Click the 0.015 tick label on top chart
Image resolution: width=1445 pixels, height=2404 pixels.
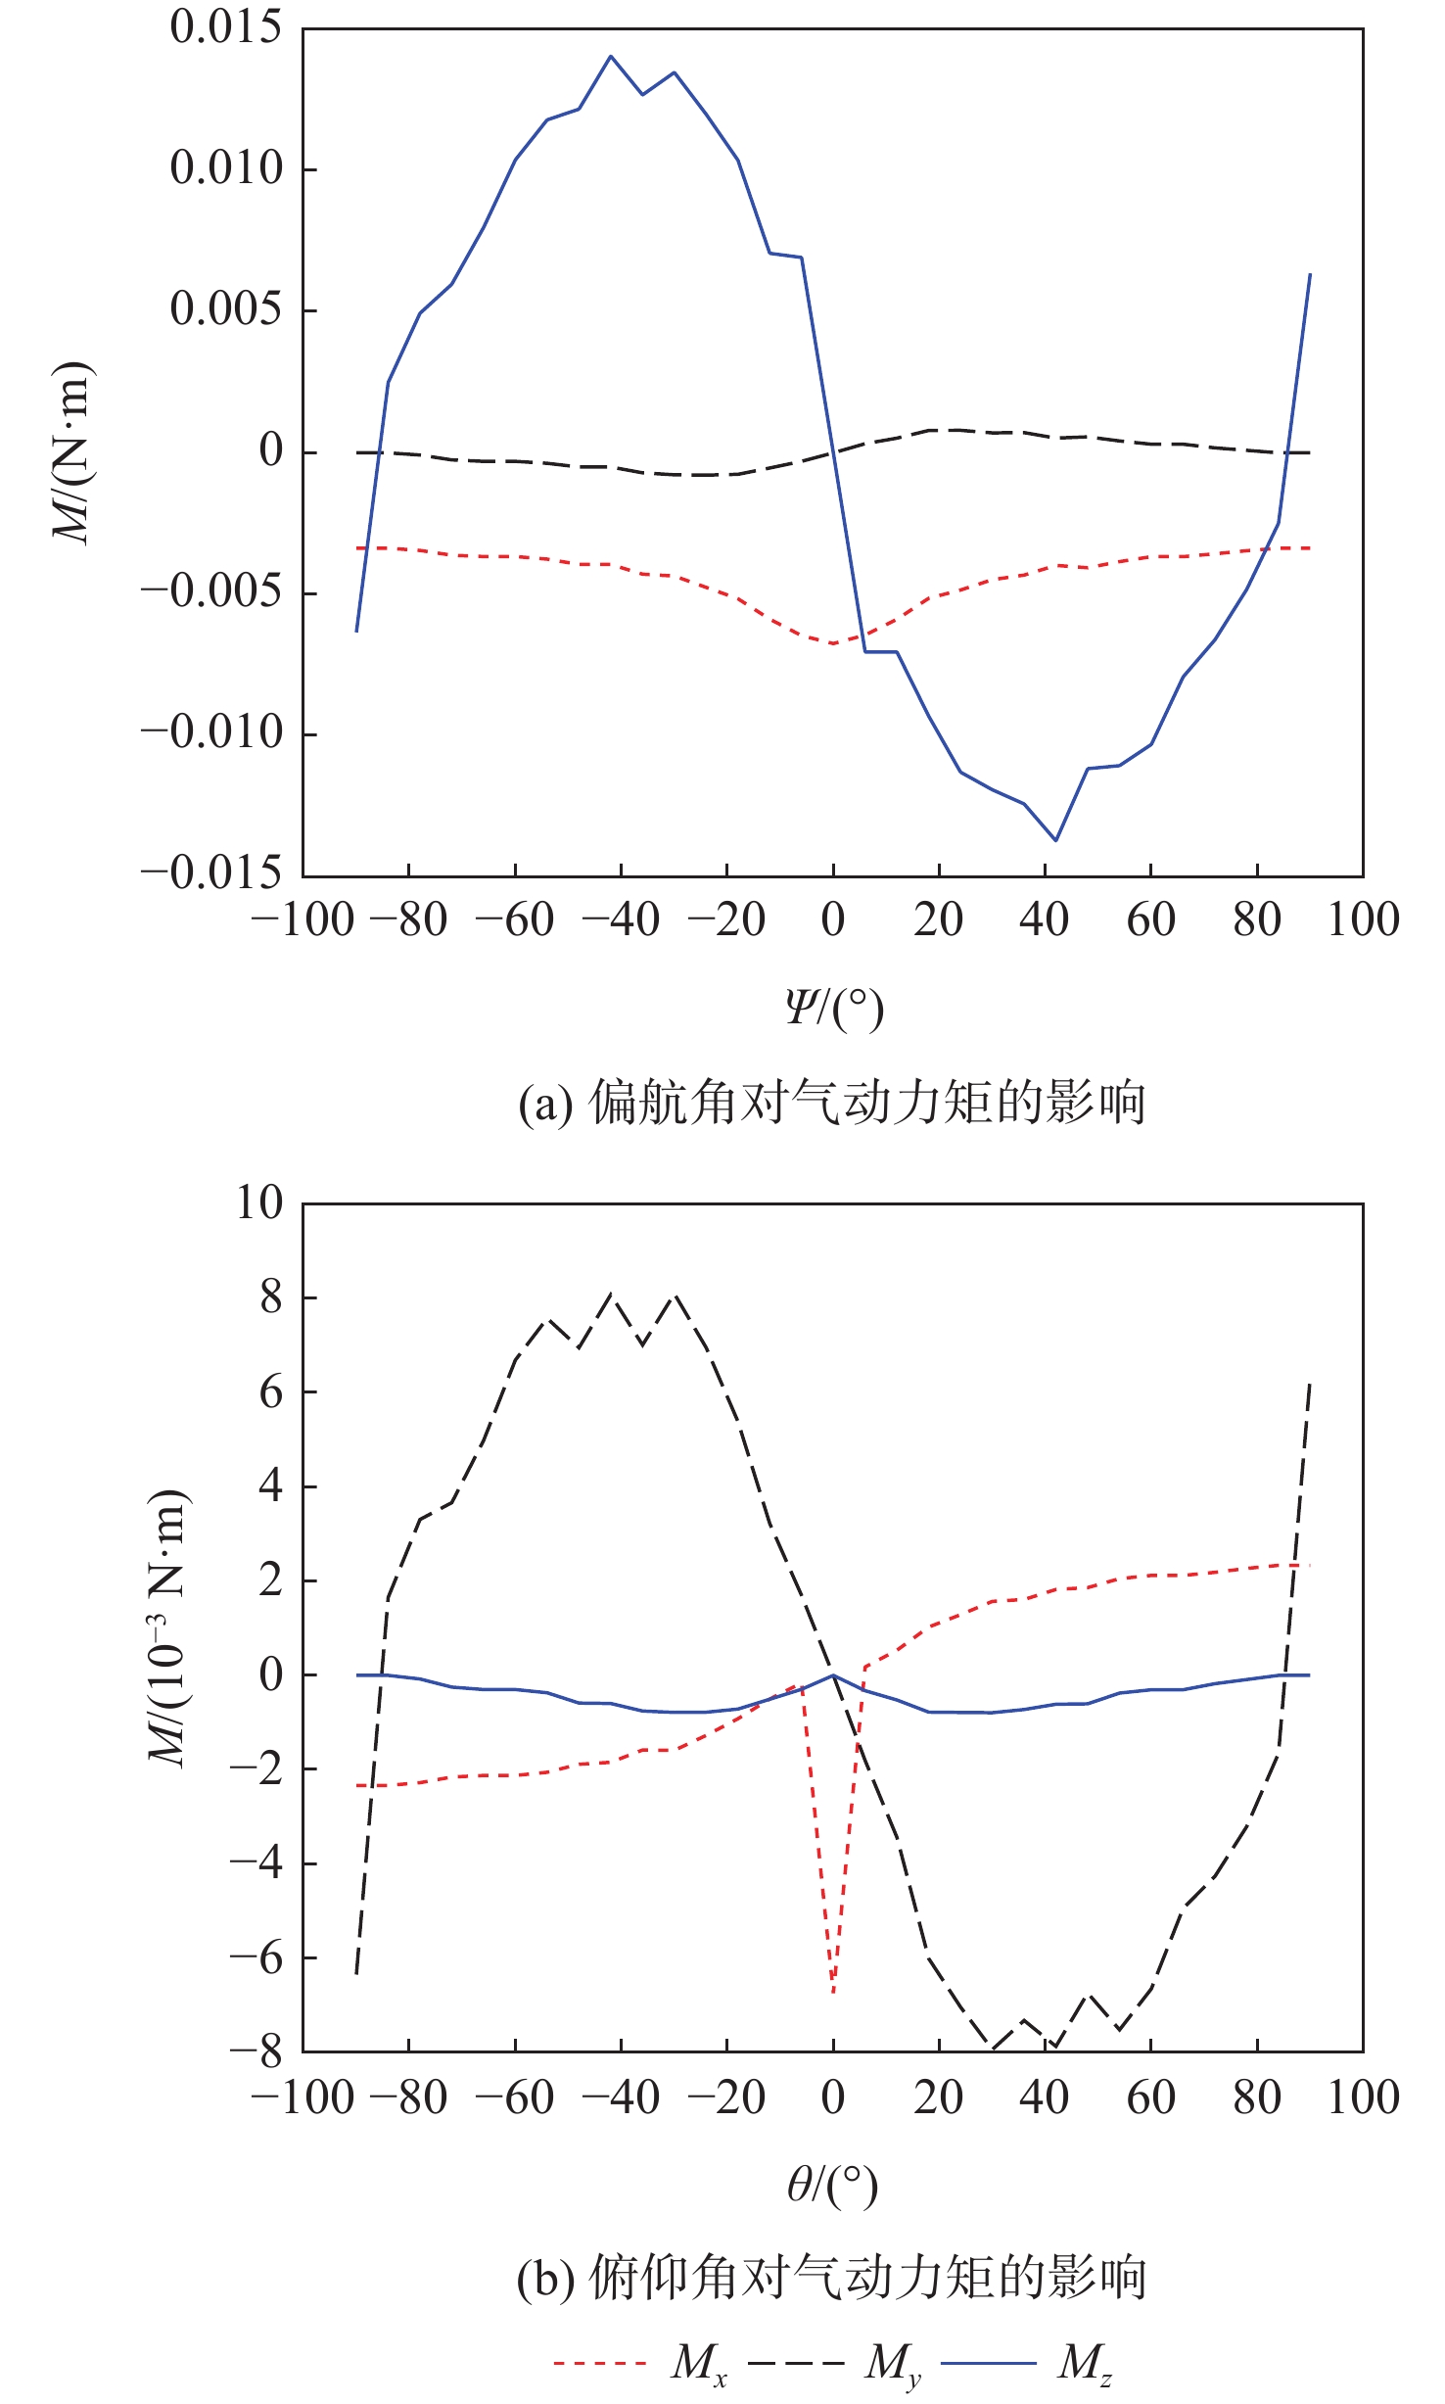[226, 27]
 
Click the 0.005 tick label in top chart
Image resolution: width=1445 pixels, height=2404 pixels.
[226, 309]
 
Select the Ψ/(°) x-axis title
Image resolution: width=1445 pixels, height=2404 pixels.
[834, 1008]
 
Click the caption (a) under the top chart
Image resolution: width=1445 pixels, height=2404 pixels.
[832, 1104]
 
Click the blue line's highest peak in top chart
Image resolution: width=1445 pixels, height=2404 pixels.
[611, 56]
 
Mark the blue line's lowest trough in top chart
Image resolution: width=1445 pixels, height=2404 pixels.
[1055, 840]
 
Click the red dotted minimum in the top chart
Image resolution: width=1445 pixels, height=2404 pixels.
[833, 643]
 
